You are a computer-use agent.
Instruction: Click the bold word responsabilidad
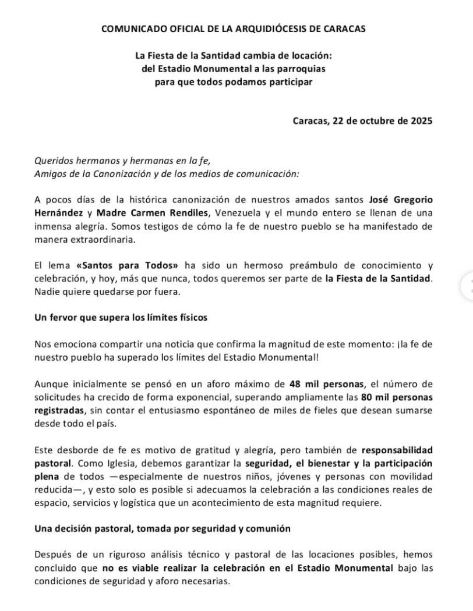pyautogui.click(x=397, y=451)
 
